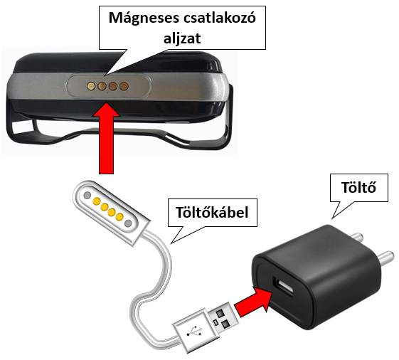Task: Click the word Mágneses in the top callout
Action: click(143, 18)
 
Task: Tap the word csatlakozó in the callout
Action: click(219, 18)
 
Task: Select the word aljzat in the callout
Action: click(182, 38)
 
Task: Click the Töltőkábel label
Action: click(212, 212)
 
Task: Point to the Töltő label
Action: click(358, 187)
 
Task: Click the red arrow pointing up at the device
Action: click(106, 138)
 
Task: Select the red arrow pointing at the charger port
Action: click(253, 301)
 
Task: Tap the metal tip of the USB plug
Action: click(223, 318)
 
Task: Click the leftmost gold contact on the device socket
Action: click(91, 86)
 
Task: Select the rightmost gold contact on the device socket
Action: click(124, 87)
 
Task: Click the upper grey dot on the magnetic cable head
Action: click(87, 195)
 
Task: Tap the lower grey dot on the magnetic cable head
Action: click(128, 223)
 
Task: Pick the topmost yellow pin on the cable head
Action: click(97, 201)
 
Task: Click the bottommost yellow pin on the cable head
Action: click(119, 217)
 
